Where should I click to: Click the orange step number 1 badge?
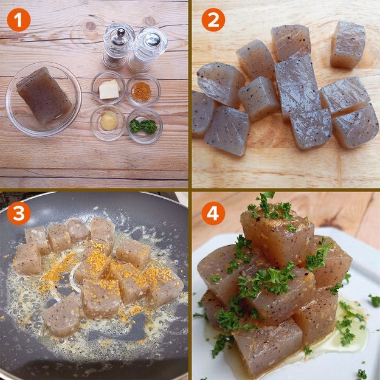point(19,20)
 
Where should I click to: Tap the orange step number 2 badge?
point(213,20)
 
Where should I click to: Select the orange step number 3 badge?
point(19,213)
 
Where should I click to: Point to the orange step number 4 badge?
point(213,213)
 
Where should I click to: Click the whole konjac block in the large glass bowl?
point(44,95)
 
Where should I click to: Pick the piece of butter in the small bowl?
point(109,89)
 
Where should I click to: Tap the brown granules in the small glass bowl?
point(142,91)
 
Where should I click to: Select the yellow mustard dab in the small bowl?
point(109,121)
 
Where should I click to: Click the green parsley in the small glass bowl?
point(143,126)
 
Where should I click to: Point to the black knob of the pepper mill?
point(121,32)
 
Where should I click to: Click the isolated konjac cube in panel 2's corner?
point(348,45)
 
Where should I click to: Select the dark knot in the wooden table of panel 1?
point(91,26)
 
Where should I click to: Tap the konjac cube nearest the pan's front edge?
point(61,314)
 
